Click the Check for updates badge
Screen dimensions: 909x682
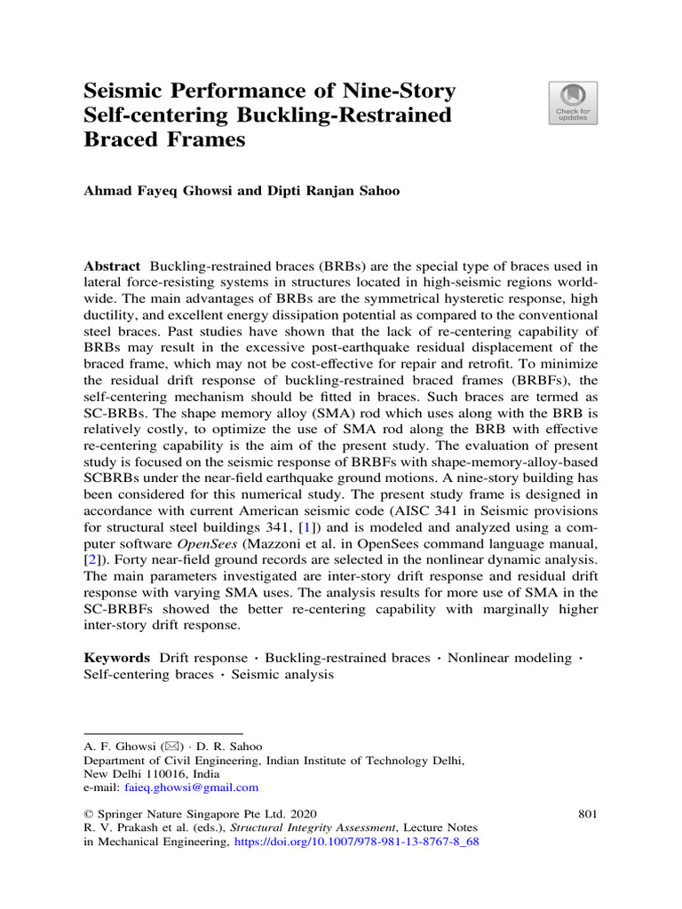(576, 103)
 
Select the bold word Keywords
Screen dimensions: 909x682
(115, 657)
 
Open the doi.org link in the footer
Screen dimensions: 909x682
(355, 843)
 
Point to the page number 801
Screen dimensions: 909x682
(587, 812)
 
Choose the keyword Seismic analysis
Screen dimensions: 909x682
(282, 674)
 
